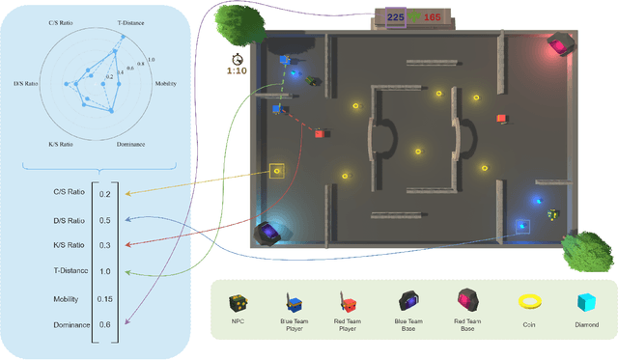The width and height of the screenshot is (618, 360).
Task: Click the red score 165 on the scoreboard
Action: [432, 15]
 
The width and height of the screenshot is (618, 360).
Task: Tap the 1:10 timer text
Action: [236, 70]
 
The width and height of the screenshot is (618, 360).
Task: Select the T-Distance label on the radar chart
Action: [131, 19]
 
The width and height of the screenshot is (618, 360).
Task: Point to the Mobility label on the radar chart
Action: [165, 83]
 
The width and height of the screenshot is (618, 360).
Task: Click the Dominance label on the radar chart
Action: [130, 144]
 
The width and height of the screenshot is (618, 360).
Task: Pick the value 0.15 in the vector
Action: [104, 299]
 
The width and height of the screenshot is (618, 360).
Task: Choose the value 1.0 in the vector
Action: [104, 272]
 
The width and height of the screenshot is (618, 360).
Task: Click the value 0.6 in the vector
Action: [104, 325]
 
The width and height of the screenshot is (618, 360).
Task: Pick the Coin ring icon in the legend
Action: [529, 302]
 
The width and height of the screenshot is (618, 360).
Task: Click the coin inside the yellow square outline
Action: [277, 172]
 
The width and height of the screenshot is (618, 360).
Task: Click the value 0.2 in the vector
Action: [104, 194]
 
